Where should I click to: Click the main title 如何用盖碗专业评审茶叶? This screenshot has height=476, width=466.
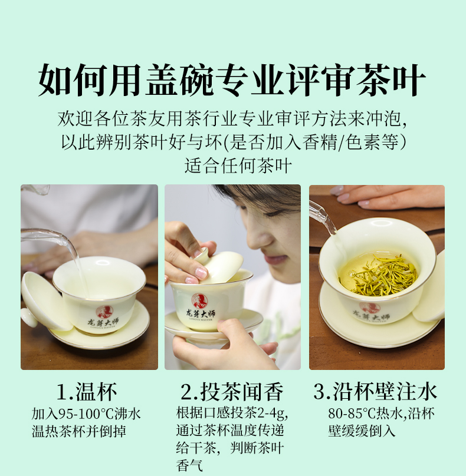(232, 80)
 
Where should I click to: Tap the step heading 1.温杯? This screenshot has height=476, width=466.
(87, 392)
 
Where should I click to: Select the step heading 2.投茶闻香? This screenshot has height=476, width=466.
(232, 392)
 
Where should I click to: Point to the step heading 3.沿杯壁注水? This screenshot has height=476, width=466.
(375, 392)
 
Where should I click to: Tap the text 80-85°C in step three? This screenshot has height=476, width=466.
(352, 414)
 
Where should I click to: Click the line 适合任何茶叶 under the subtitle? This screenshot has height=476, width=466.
(238, 166)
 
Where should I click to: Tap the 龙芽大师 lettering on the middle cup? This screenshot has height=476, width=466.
(201, 314)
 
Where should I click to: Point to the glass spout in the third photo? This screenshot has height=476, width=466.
(323, 217)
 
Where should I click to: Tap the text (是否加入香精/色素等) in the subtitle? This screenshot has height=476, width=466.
(315, 142)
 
